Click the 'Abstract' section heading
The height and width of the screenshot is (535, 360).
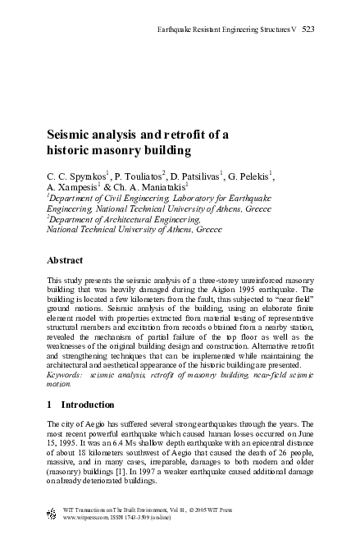[x=66, y=260]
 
